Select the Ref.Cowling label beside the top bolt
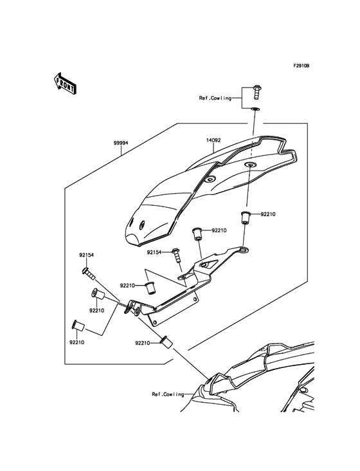point(215,98)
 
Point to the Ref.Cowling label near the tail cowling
point(168,394)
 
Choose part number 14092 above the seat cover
point(214,140)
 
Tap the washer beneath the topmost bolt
point(255,110)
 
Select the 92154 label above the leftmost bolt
point(87,255)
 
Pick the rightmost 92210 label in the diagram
point(269,214)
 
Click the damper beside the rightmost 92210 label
point(245,217)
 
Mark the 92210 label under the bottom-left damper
point(78,343)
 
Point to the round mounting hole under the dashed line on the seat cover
point(249,166)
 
